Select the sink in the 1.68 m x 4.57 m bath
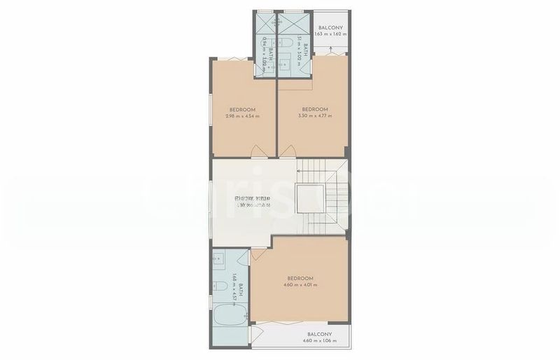[x=219, y=261]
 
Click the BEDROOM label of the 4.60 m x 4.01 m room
[x=300, y=278]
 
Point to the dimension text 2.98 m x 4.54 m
[x=242, y=116]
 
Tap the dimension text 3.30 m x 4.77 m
[x=315, y=116]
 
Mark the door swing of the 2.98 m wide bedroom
[x=258, y=151]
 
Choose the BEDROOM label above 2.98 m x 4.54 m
[x=242, y=109]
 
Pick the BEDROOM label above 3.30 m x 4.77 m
[x=315, y=109]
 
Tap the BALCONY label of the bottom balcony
[x=318, y=334]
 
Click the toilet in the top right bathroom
[x=288, y=46]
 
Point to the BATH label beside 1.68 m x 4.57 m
[x=239, y=291]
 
